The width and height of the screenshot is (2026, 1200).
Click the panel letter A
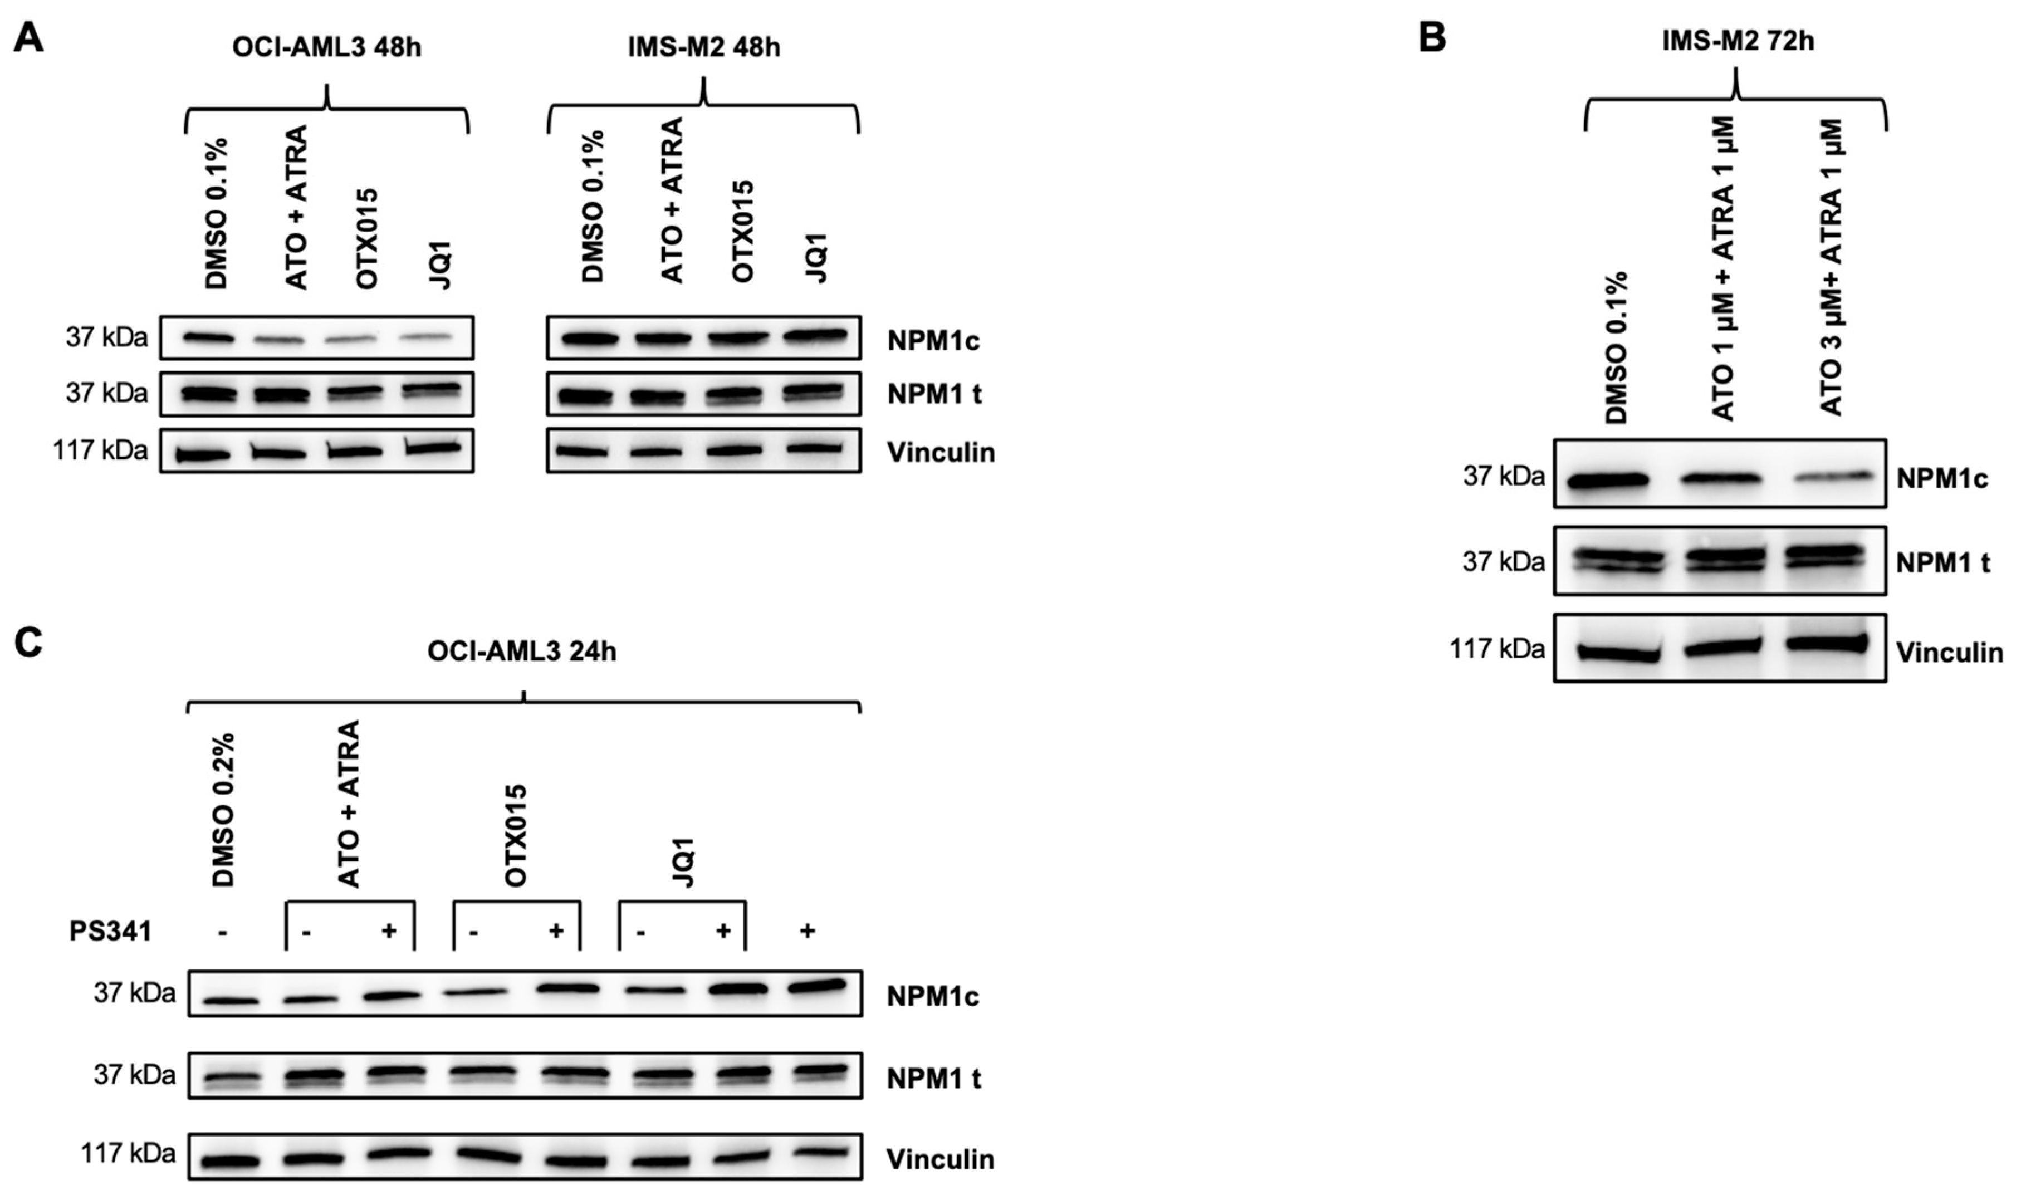28,38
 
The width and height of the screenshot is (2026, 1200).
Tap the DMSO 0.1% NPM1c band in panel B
1607,481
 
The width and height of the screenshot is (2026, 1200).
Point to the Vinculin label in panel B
1949,653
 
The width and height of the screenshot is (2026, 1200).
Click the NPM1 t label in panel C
934,1078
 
